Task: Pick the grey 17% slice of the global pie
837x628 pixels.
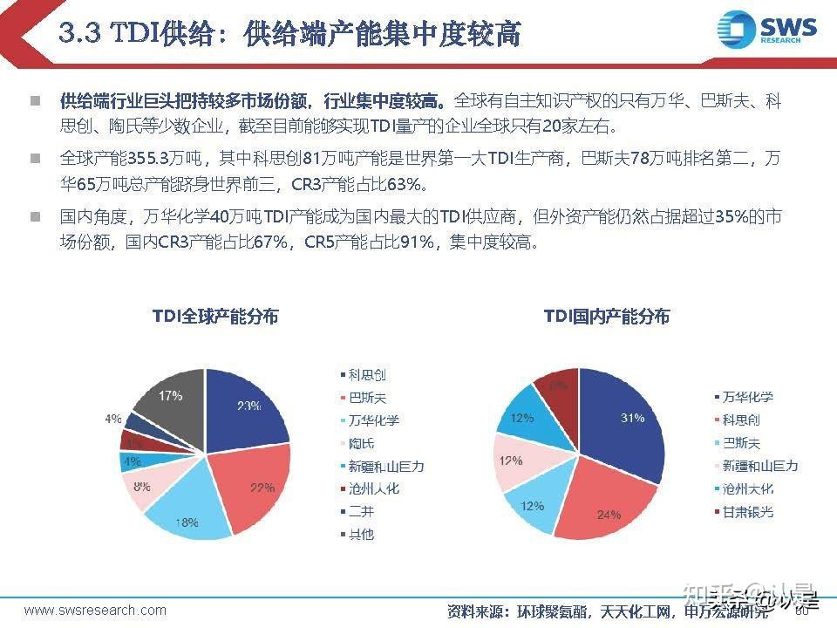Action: (170, 401)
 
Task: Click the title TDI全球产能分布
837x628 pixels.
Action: (215, 317)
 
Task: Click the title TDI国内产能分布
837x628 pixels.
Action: (607, 317)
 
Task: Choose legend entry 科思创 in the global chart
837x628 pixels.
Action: (367, 375)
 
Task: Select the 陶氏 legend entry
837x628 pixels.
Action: (361, 443)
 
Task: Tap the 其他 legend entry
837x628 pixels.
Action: (361, 534)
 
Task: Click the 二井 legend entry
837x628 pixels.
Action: (361, 511)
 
